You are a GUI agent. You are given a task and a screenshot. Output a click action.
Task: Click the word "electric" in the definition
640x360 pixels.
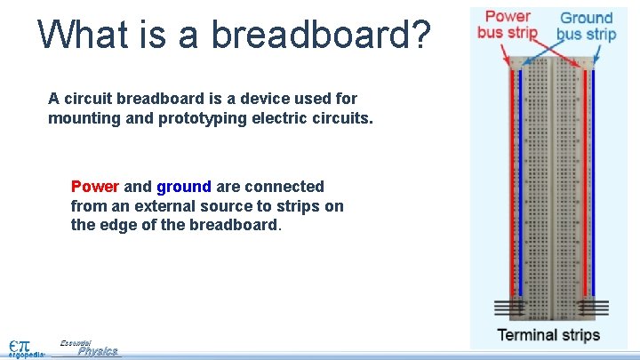point(268,118)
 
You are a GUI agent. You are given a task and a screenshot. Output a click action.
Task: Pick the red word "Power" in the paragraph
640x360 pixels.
point(94,187)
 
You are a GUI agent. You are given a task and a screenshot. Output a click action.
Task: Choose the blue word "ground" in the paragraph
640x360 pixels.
point(183,187)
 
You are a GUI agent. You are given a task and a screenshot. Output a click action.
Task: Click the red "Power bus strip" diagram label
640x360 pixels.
point(508,25)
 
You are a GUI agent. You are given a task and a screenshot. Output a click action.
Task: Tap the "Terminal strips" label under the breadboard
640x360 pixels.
point(548,335)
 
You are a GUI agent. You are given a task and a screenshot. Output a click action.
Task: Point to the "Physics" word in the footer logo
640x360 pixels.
point(97,351)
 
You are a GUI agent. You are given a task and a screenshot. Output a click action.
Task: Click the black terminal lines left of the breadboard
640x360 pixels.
point(510,308)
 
